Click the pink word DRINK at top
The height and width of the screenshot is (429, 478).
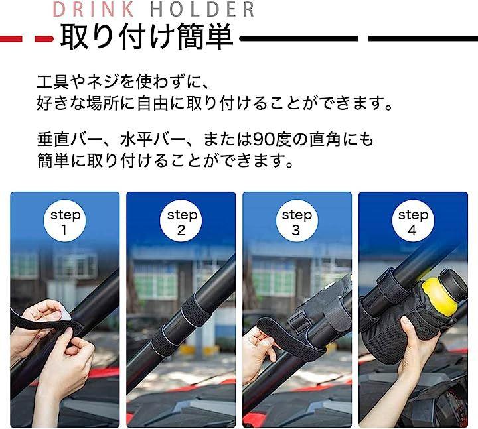94,9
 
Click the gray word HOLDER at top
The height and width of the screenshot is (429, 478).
202,9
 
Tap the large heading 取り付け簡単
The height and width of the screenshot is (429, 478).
147,37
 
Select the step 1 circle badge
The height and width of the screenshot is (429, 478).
65,221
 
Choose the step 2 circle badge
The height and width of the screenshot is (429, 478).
181,221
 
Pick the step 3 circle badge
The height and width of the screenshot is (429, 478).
297,221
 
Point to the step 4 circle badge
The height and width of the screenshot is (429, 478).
413,221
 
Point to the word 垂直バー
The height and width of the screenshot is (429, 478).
70,140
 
